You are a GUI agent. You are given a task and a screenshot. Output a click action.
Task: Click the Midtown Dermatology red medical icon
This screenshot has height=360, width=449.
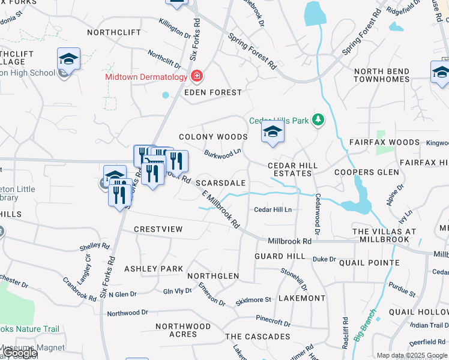(196, 76)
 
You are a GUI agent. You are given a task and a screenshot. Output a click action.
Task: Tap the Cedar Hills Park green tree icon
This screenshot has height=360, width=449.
(319, 121)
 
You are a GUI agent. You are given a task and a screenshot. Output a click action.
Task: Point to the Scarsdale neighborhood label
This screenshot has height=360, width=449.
(221, 182)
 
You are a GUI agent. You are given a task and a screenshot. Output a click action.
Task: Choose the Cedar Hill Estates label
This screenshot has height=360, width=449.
(292, 169)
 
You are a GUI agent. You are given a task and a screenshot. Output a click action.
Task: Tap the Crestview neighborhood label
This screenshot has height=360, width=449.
(158, 229)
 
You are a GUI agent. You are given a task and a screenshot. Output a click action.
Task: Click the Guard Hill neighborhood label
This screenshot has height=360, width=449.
(280, 256)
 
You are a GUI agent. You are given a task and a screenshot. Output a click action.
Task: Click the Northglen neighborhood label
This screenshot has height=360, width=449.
(213, 276)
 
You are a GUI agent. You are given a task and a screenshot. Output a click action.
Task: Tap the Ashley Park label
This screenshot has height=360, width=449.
(153, 269)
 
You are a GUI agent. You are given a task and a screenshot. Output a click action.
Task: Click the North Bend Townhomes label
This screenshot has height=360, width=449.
(382, 75)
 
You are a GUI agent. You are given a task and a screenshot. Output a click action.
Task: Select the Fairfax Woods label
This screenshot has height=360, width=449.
(384, 142)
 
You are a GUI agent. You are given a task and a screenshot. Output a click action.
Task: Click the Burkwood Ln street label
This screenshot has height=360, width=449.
(222, 154)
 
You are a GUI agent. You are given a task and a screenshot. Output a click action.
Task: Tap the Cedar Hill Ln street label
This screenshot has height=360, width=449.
(273, 209)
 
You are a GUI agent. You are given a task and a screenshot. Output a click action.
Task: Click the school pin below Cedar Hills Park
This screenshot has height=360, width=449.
(273, 133)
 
